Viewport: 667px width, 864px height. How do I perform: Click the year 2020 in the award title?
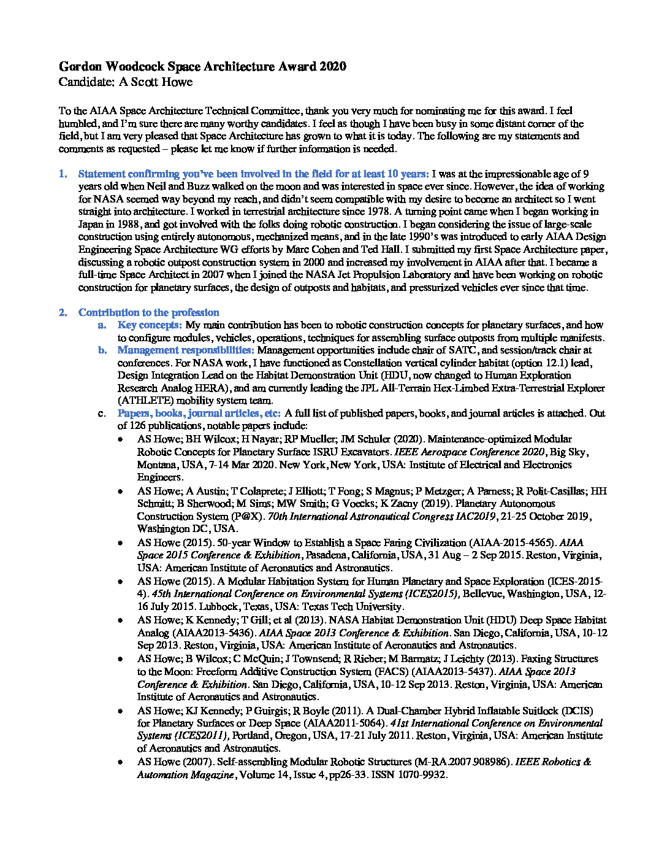click(333, 67)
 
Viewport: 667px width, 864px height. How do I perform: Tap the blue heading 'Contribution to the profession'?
click(148, 312)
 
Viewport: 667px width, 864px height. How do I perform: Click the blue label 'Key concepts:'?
click(150, 325)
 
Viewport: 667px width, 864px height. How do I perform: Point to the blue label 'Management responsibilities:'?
click(186, 350)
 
